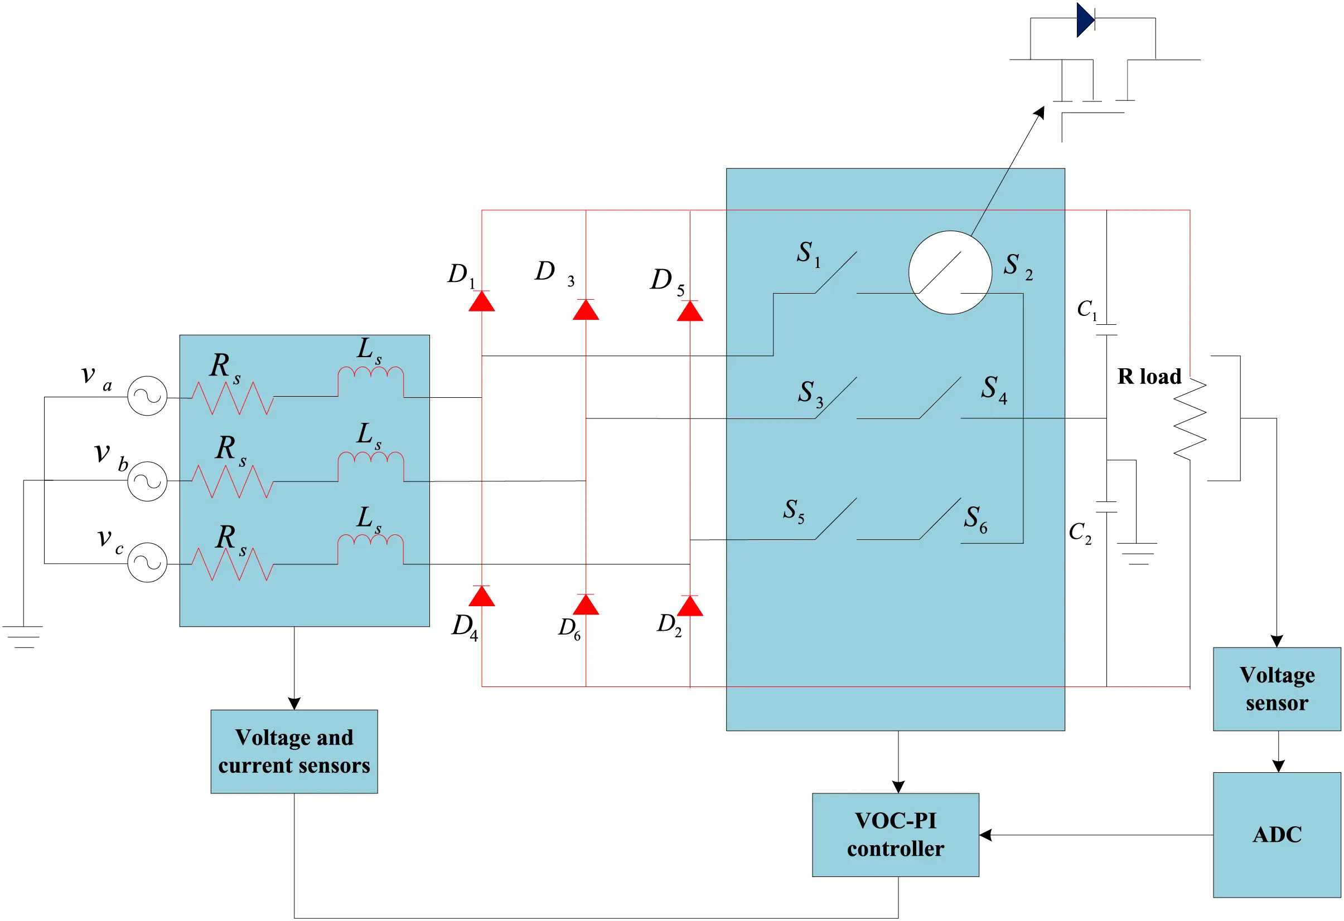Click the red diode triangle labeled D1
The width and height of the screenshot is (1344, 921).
(x=481, y=301)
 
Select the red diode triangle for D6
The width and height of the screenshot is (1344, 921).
(x=585, y=605)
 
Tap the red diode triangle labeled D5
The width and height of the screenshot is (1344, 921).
(x=689, y=311)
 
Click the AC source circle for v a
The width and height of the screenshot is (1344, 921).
(x=147, y=396)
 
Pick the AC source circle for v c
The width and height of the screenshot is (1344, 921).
(x=147, y=562)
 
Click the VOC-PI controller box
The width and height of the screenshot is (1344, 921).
(x=895, y=835)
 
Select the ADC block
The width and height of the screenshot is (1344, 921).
(x=1277, y=835)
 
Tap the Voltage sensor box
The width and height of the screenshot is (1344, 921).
(x=1277, y=689)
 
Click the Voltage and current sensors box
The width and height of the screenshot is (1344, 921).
(x=294, y=751)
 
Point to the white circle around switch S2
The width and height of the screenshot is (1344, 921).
(x=950, y=272)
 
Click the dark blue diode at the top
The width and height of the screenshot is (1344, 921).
(x=1084, y=20)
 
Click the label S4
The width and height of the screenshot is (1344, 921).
(x=994, y=388)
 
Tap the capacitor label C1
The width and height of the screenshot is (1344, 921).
(x=1086, y=310)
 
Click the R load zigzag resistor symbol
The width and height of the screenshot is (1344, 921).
(x=1190, y=418)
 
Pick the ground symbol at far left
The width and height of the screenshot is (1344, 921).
(x=23, y=636)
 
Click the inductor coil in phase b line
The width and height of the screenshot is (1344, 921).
(x=371, y=460)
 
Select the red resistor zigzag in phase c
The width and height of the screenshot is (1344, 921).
(x=232, y=564)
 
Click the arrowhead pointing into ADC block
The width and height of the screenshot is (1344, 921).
(x=1278, y=766)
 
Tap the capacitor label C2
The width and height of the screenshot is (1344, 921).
(x=1079, y=532)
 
